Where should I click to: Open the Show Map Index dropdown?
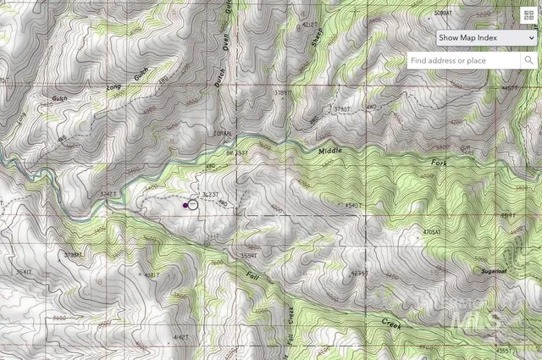coord(486,38)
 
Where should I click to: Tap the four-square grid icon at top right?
coord(529,14)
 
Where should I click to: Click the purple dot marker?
coord(185,205)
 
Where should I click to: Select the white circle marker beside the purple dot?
coord(193,204)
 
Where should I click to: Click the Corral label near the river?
coord(222,135)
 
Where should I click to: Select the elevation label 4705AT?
coord(432,231)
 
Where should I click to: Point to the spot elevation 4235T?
coord(360,273)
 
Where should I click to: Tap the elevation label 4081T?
coord(151,275)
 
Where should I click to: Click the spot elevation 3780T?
coord(341,109)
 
